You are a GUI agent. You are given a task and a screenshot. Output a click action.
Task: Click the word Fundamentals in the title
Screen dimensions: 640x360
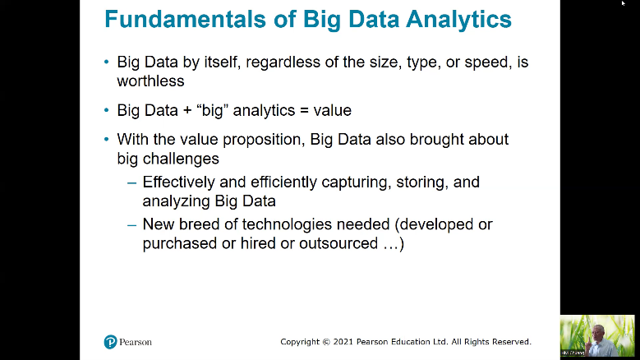[x=186, y=19]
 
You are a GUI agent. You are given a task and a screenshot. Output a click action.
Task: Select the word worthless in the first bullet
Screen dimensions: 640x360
[x=150, y=81]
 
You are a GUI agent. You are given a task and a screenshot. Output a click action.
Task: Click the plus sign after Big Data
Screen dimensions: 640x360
[x=187, y=111]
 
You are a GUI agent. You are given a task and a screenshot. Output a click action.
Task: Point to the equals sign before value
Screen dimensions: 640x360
[x=304, y=111]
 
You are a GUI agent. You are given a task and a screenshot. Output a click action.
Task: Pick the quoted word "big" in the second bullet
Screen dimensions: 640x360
[x=212, y=111]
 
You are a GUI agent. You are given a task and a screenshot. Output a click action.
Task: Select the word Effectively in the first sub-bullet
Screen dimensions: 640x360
[x=178, y=182]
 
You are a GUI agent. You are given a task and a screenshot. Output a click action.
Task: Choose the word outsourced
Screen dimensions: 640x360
[x=338, y=243]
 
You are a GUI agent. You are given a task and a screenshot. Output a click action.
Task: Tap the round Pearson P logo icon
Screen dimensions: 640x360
[x=110, y=342]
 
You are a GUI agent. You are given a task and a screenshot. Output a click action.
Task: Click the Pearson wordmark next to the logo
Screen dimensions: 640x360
[x=136, y=342]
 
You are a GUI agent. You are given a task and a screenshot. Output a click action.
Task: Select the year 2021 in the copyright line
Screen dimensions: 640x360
[x=343, y=342]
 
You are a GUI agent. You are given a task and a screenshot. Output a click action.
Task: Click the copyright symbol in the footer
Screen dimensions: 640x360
[x=326, y=342]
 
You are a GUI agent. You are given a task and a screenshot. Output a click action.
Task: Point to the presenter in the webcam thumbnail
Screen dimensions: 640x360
[x=596, y=338]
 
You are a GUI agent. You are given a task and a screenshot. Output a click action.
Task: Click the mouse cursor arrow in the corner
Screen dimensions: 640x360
[x=624, y=3]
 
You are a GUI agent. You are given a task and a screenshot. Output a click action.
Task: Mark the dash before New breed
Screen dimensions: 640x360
[x=131, y=225]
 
